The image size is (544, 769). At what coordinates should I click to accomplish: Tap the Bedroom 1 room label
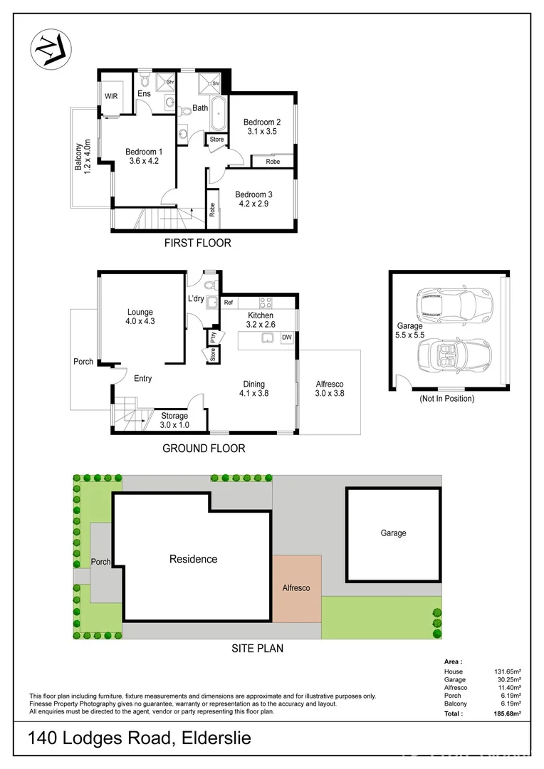pyautogui.click(x=144, y=151)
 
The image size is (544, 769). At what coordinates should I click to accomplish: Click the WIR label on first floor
pyautogui.click(x=112, y=95)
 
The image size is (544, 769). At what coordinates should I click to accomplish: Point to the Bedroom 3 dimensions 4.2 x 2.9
pyautogui.click(x=253, y=204)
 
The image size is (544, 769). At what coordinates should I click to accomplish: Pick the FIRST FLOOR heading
pyautogui.click(x=197, y=243)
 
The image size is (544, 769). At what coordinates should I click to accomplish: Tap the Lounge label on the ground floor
pyautogui.click(x=140, y=312)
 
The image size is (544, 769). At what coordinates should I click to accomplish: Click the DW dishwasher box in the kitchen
pyautogui.click(x=287, y=338)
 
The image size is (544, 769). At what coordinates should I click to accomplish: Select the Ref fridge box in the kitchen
pyautogui.click(x=229, y=303)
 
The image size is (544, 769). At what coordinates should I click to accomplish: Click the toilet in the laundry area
pyautogui.click(x=209, y=283)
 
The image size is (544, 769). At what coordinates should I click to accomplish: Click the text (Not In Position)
pyautogui.click(x=446, y=399)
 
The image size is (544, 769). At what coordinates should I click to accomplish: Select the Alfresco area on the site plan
pyautogui.click(x=296, y=588)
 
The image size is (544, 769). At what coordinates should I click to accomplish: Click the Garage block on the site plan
pyautogui.click(x=393, y=533)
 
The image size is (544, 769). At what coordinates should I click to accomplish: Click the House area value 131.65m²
pyautogui.click(x=508, y=671)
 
